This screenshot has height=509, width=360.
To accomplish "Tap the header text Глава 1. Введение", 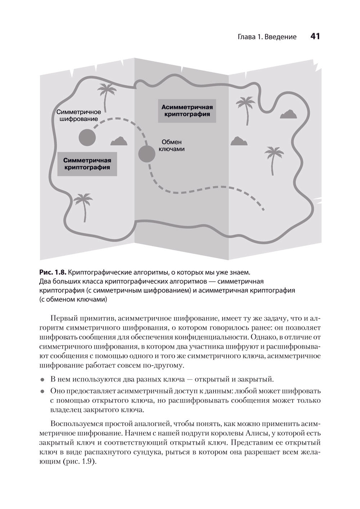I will point(267,37).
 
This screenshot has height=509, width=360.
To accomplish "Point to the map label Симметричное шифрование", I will point(79,115).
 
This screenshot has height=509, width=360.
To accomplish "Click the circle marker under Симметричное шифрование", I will point(87,137).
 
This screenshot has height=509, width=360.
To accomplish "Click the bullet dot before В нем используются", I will point(42,380).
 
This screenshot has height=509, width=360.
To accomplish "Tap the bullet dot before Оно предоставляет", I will point(42,391).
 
